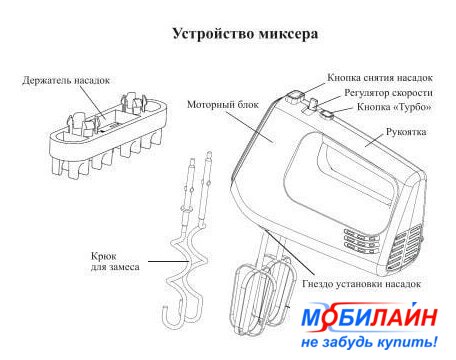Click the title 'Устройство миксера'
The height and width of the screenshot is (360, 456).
point(245,34)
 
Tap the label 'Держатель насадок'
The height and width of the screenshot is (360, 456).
point(66,80)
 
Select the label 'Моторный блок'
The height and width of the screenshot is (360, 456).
point(223,105)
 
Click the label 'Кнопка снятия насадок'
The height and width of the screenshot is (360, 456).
point(380,78)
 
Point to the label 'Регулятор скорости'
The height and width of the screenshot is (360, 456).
point(388,93)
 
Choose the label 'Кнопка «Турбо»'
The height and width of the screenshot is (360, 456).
point(394,107)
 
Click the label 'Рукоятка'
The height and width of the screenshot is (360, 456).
point(406,132)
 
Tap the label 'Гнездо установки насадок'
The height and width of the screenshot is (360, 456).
point(362,284)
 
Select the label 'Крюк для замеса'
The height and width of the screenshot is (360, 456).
point(115,262)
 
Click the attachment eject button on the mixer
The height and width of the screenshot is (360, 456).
point(294,97)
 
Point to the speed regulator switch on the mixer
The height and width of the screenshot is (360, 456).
point(313,104)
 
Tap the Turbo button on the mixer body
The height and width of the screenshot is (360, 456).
point(328,115)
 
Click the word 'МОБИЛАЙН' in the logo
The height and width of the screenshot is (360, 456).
point(369,318)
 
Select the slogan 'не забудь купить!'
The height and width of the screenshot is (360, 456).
point(369,342)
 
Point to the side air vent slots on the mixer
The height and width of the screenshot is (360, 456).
point(362,239)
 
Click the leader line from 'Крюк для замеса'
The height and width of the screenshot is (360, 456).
point(169,261)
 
